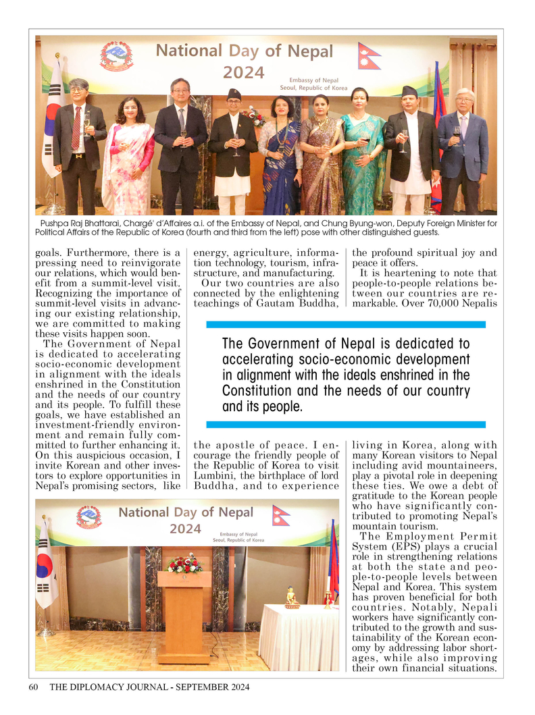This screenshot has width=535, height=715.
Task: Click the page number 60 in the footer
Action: tap(32, 687)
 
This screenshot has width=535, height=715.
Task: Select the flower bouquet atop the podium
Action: tap(184, 562)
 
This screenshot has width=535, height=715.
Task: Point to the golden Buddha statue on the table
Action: tap(292, 597)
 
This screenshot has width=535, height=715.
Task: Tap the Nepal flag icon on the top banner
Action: tap(369, 55)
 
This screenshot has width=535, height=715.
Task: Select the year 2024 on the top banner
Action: tap(244, 72)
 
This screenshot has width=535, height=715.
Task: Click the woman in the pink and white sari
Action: tap(128, 159)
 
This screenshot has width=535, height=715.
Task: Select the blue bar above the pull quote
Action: tap(345, 325)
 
